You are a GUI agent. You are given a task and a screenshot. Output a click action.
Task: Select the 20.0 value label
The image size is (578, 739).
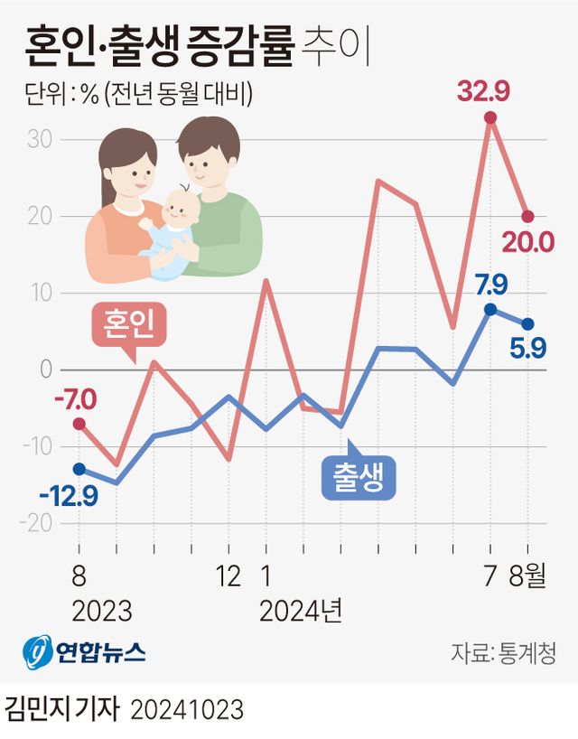coord(528,241)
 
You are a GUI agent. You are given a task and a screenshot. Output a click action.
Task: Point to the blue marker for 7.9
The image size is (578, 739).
coord(490,309)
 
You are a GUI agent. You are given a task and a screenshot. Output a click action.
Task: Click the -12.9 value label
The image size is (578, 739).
coord(68,494)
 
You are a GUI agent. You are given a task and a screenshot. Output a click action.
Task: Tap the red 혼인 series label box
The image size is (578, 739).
coord(130,326)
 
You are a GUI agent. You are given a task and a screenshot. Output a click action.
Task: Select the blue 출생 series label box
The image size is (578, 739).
coord(359,478)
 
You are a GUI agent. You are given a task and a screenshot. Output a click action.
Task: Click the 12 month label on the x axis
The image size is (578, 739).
coord(228,575)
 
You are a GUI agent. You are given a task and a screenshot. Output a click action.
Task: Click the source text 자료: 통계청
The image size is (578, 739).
coord(504,652)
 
